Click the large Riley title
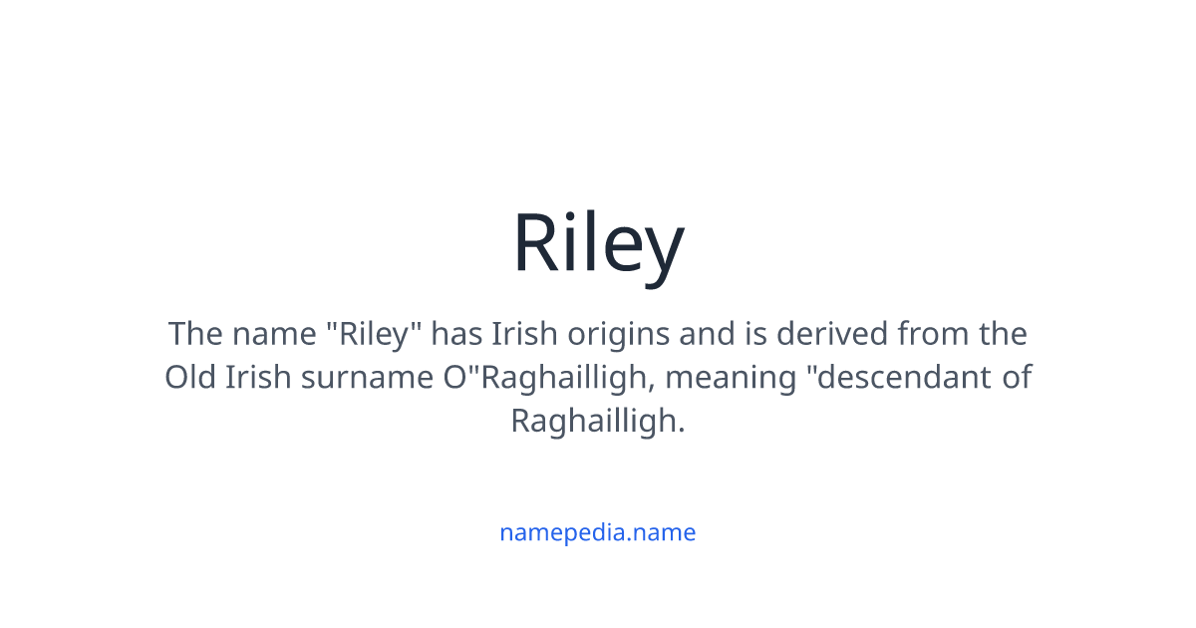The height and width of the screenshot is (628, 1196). point(598,244)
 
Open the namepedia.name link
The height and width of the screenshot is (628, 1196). point(597,532)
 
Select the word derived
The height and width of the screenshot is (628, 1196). point(833,334)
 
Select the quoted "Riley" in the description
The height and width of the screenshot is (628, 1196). point(376,334)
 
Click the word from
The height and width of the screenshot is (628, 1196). point(933,334)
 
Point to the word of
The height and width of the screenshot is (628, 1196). point(1017,378)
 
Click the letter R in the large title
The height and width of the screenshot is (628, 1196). point(535,244)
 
